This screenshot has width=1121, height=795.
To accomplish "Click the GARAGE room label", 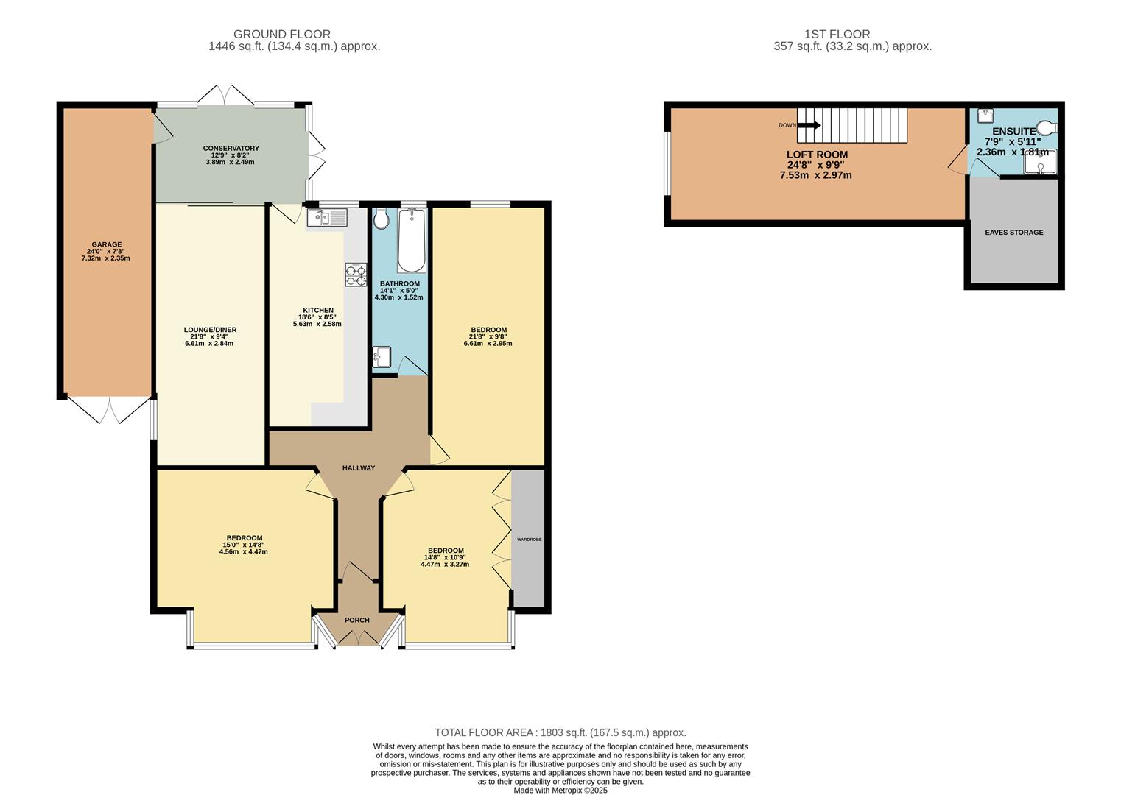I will coord(107,245).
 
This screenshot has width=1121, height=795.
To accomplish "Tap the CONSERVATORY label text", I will coord(231,149).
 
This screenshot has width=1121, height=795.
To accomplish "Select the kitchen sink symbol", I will coord(327,216).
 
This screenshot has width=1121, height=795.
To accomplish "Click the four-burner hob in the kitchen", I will coord(356,275).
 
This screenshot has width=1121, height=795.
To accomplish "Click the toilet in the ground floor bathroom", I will coord(382,219).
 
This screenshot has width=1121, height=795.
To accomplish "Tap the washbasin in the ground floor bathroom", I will coord(382,357).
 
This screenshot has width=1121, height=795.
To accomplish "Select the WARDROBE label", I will coord(529,540).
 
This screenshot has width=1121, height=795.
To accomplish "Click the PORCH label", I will coord(357,621).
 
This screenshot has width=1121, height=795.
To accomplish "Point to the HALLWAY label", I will coord(359,468).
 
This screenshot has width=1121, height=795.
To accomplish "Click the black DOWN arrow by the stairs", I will coord(809,125).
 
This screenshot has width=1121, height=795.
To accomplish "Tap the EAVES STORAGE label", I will coord(1014,233).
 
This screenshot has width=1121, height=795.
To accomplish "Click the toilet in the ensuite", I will coord(1046,126).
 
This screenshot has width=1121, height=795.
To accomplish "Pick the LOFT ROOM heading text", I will coord(817,155).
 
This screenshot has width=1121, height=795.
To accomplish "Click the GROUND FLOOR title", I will coord(282,34).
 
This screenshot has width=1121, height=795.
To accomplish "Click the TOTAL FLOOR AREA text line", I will coord(560,732).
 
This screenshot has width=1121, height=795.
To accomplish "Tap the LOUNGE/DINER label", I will coord(210,330).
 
